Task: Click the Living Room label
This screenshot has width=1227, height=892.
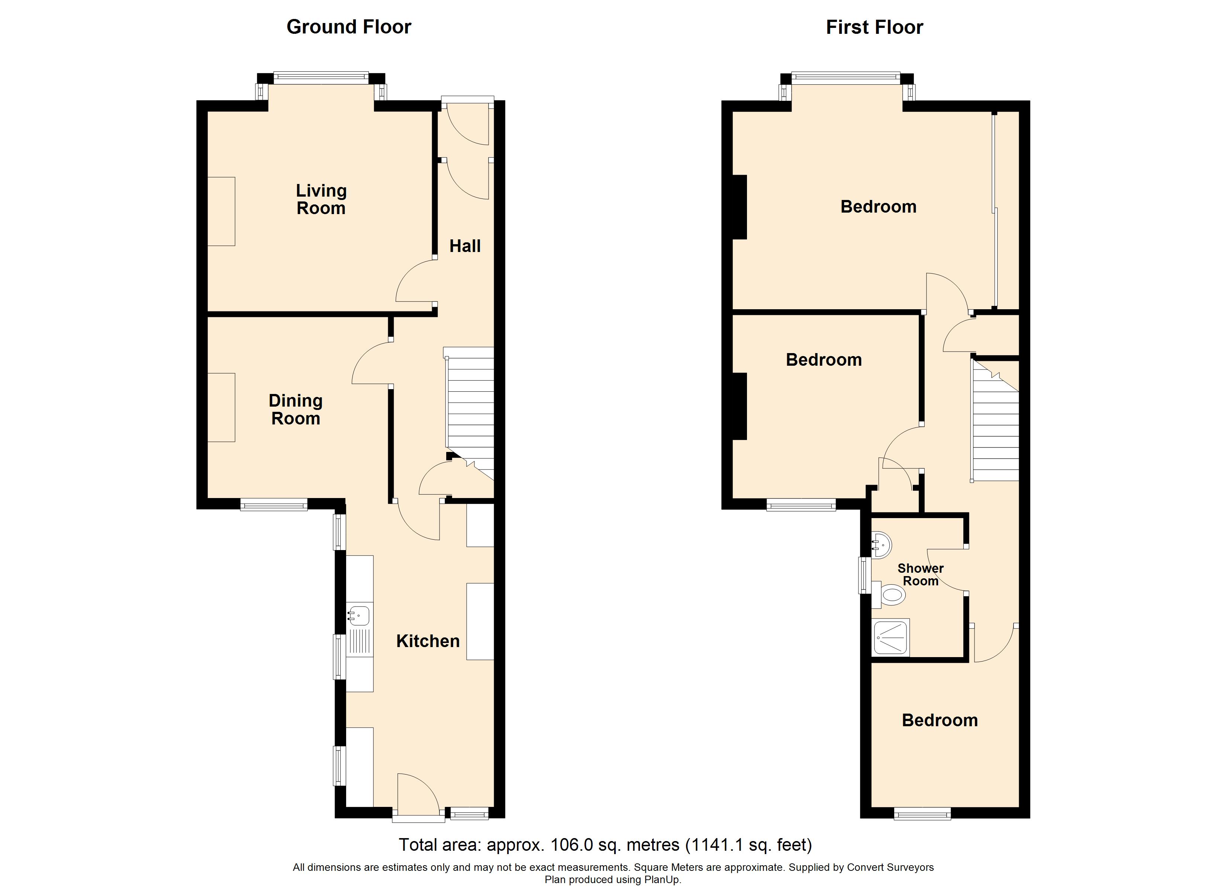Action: (321, 199)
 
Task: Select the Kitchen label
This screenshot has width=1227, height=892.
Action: (428, 641)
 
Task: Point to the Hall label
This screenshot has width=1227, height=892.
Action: (465, 246)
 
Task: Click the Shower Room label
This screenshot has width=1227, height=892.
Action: (920, 575)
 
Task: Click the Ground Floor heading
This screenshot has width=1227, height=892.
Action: (349, 26)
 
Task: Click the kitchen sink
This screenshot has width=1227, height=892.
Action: (359, 615)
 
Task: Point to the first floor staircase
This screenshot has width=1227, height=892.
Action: (995, 420)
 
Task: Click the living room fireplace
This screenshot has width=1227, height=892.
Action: (221, 211)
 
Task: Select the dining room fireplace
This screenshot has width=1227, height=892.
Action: (221, 407)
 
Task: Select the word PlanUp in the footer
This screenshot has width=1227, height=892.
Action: (661, 880)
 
